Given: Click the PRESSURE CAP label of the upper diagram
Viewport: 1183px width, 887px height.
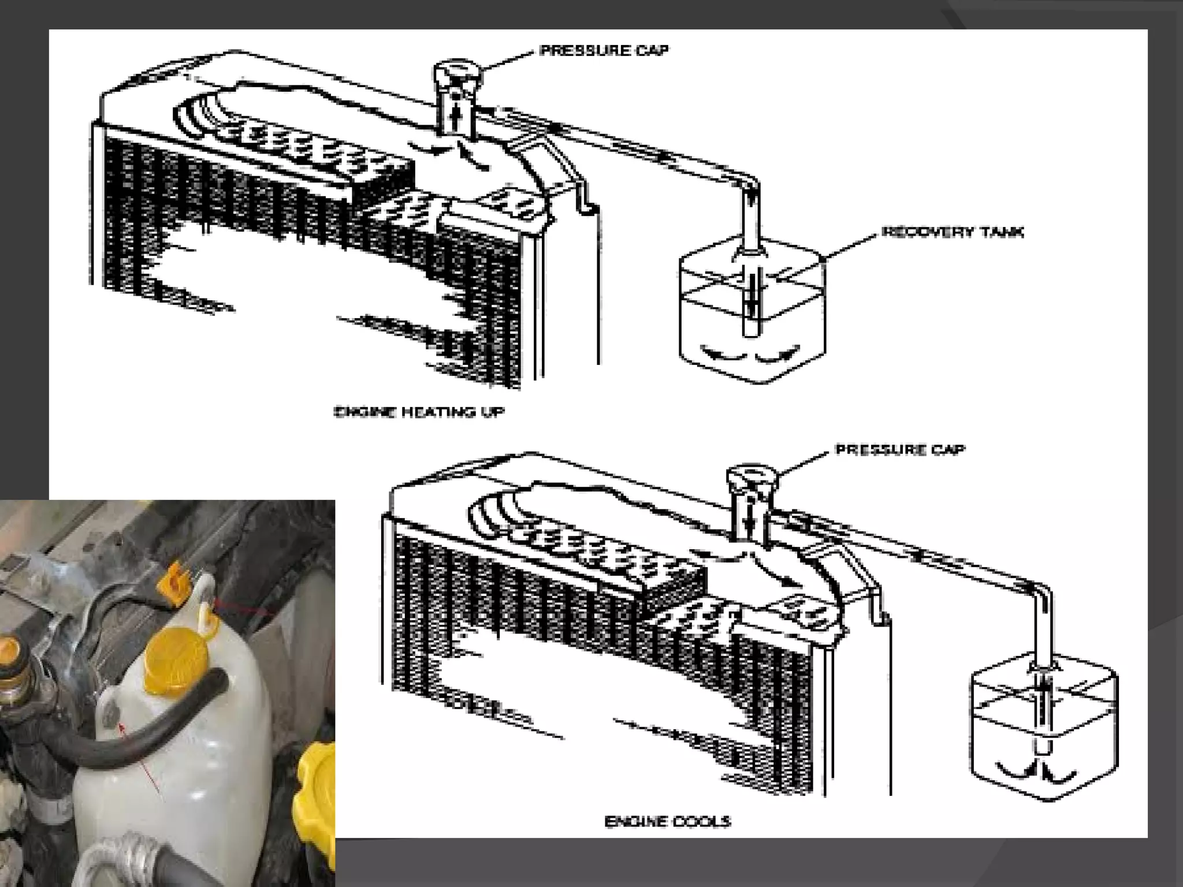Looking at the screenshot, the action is coord(604,51).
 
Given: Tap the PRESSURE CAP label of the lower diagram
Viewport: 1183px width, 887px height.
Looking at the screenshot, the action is coord(900,449).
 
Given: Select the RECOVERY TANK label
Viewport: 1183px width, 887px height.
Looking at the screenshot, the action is coord(953,232).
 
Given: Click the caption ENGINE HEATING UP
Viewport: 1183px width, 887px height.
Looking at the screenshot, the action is coord(419,412).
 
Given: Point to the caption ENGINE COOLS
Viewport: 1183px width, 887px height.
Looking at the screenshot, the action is coord(668,821).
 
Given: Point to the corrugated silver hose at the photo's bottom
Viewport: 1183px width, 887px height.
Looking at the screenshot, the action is coord(116,863).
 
